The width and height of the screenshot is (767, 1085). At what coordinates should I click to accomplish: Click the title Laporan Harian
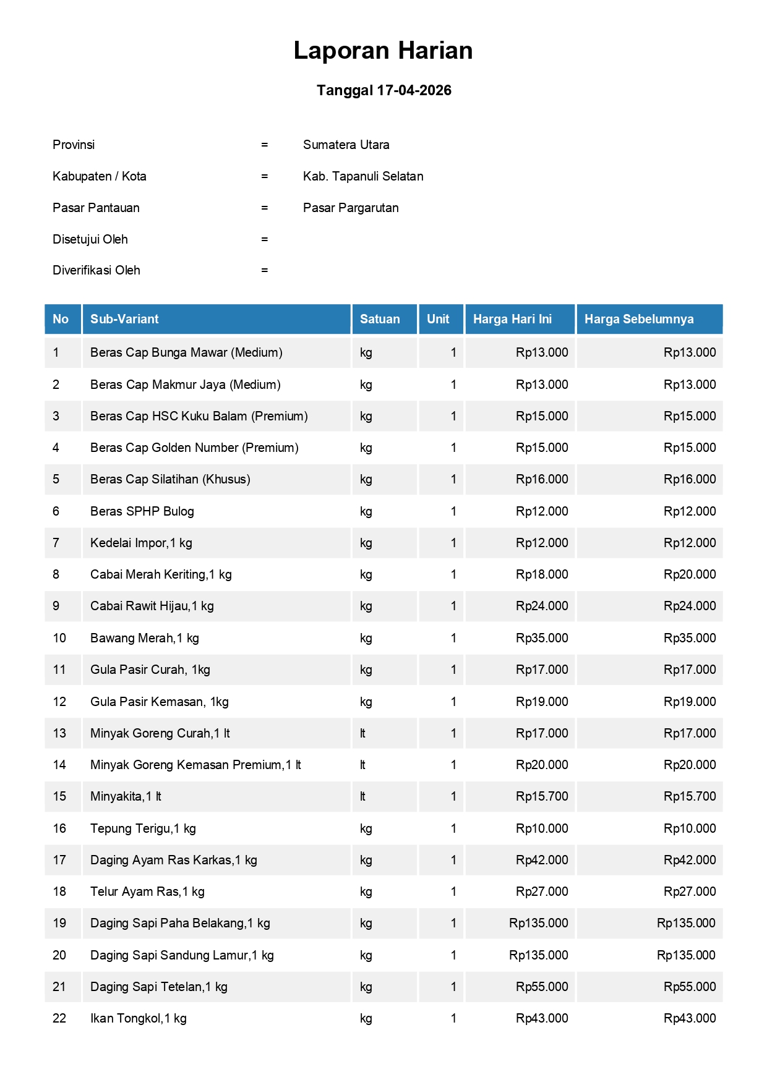click(383, 51)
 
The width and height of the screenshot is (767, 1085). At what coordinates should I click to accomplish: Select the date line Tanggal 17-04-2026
click(383, 90)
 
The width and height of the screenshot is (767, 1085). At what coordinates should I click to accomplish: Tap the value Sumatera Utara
click(346, 145)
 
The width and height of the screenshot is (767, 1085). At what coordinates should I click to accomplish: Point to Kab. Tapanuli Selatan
click(363, 176)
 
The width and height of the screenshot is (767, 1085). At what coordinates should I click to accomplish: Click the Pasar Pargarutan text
click(351, 208)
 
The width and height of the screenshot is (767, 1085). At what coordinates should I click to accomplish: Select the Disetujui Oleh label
click(90, 239)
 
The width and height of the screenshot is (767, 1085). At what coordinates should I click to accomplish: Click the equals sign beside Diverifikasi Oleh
click(265, 270)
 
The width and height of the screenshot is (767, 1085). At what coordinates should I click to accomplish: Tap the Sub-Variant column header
click(124, 319)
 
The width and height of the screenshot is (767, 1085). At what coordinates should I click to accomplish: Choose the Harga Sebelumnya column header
click(639, 319)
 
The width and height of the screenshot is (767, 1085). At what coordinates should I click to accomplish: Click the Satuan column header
click(380, 319)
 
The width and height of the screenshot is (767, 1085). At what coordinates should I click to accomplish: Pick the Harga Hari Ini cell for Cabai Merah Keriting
click(542, 574)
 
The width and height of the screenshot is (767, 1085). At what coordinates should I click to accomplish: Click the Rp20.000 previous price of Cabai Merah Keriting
click(690, 574)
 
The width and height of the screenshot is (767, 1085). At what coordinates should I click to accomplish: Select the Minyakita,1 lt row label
click(126, 796)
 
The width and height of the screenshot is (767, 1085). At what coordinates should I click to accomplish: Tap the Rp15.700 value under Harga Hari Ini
click(542, 796)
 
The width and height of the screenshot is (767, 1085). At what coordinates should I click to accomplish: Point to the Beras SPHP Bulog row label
click(142, 511)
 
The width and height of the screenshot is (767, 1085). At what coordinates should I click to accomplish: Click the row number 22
click(59, 1018)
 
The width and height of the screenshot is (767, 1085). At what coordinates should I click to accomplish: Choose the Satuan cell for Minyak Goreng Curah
click(363, 733)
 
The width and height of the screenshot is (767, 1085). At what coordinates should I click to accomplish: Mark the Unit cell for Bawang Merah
click(453, 638)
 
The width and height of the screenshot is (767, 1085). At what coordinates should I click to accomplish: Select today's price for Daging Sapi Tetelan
click(542, 987)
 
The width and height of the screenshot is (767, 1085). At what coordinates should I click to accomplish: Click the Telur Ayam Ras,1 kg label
click(147, 891)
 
